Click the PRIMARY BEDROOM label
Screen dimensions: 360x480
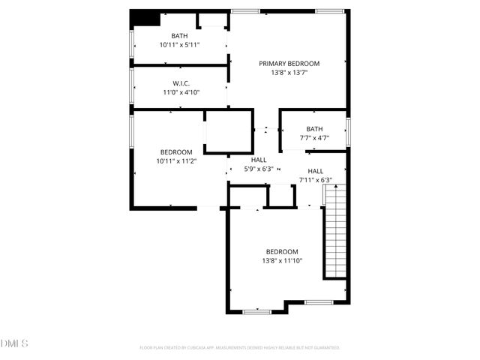[x=289, y=64]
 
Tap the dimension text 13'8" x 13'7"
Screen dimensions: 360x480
[x=289, y=73]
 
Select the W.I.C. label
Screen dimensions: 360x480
[x=180, y=83]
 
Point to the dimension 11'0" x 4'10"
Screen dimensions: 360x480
[x=180, y=92]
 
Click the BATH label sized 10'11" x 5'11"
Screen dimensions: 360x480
[x=180, y=36]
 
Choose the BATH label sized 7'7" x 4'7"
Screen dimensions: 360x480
[x=314, y=129]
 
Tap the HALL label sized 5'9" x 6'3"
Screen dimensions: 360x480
[x=259, y=160]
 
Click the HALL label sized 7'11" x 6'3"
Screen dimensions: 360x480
[x=316, y=171]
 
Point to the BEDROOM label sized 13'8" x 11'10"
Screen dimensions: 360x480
[x=282, y=251]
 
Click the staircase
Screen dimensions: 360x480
[x=334, y=232]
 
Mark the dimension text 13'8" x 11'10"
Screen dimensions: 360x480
[x=282, y=261]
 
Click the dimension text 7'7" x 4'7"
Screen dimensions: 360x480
[x=314, y=138]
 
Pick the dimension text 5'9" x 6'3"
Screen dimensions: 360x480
[x=259, y=169]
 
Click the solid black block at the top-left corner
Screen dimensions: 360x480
[x=143, y=17]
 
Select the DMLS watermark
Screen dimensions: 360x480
[x=15, y=343]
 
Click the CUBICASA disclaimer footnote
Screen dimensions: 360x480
[x=240, y=348]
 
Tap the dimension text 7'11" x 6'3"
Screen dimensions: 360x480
[x=316, y=180]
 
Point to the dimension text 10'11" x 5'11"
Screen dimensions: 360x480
[x=180, y=45]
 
